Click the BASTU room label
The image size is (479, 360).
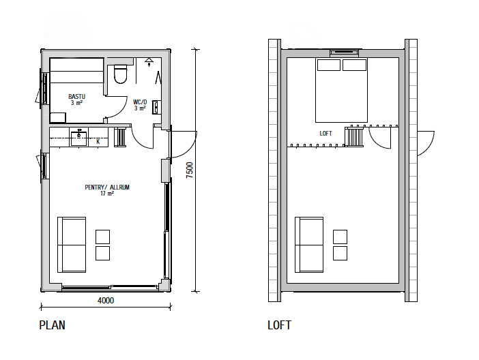(x=76, y=97)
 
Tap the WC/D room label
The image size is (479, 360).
(x=140, y=102)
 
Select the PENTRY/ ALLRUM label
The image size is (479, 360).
(x=107, y=187)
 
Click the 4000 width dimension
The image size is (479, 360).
(x=106, y=301)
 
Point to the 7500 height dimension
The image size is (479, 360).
(x=190, y=170)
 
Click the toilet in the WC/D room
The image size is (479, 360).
(x=120, y=74)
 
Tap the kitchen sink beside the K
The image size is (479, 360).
(x=79, y=138)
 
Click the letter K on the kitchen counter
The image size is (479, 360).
(x=98, y=142)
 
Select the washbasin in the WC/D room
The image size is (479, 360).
(x=156, y=107)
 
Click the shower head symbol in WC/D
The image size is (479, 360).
(x=149, y=61)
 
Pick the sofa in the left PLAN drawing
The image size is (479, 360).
(x=72, y=245)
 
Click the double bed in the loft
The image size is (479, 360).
(x=342, y=90)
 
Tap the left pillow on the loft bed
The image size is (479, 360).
(x=329, y=65)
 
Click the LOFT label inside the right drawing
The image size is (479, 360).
(x=325, y=134)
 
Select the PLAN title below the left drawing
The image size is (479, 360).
(x=53, y=325)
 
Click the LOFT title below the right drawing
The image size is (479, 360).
(x=280, y=325)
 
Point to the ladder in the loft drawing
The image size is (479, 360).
(x=354, y=137)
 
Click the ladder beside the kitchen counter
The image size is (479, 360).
(x=120, y=138)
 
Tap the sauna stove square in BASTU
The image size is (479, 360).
(x=58, y=117)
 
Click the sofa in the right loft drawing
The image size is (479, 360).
(x=309, y=245)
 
